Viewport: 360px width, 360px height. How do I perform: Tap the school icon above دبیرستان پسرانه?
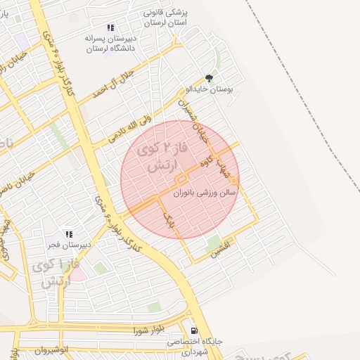tap(110, 27)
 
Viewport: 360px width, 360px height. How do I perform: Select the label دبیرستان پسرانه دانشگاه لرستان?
tap(110, 43)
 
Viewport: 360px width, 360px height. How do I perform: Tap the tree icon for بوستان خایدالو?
tap(208, 78)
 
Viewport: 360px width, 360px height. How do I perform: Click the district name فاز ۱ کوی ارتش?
tap(51, 274)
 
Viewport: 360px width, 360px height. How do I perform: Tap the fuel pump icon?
tap(194, 330)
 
